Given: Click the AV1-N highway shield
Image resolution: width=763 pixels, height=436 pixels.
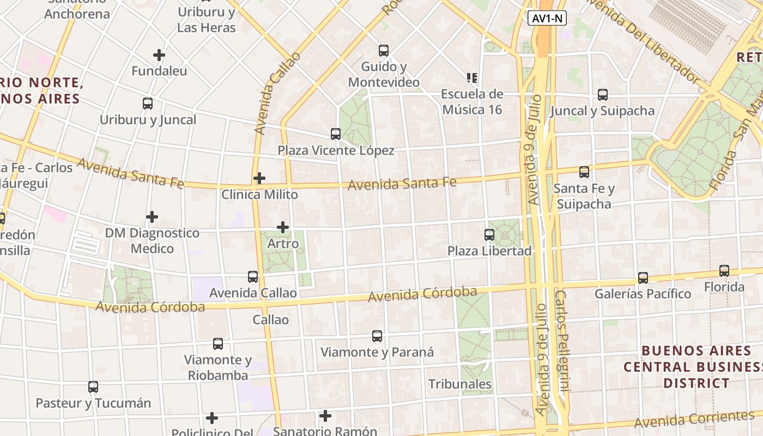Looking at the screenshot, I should pos(547,19).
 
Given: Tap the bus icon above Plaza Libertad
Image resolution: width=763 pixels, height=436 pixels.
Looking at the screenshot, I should pos(489,235).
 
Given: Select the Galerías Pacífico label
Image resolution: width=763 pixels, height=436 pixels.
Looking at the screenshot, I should pos(643,294).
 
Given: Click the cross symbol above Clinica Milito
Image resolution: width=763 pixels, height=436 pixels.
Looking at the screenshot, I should pos(259,178).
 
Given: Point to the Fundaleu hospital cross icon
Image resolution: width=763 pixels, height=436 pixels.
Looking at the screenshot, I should pos(159,55).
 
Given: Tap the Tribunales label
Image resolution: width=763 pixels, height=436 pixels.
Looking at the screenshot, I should pos(460,384).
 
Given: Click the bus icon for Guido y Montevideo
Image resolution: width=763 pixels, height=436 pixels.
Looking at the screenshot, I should pos(384,51).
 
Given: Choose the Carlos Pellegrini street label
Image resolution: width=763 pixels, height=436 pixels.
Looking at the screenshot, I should pos(562,341).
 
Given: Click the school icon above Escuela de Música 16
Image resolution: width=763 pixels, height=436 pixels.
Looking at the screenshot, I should pos(472,78).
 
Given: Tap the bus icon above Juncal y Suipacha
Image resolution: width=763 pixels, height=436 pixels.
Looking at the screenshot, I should pos(603,95).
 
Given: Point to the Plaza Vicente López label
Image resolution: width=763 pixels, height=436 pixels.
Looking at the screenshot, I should pos(336,150).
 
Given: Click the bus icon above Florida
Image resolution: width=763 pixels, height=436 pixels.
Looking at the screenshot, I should pos(724,271).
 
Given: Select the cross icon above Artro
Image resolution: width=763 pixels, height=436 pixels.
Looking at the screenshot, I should pos(283,227).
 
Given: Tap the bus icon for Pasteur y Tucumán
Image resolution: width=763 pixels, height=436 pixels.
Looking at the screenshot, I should pos(93,387).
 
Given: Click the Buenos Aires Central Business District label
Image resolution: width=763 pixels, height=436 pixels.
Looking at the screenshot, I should pos(696,366).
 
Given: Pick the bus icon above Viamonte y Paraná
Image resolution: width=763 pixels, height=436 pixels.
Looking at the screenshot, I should pos(377,336).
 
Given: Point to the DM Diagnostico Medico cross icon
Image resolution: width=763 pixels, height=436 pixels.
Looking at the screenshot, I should pos(152,217).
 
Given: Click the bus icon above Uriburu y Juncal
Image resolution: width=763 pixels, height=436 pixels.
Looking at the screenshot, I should pos(148,104).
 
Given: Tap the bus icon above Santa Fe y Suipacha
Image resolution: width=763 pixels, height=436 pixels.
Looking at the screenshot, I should pos(584,172).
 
